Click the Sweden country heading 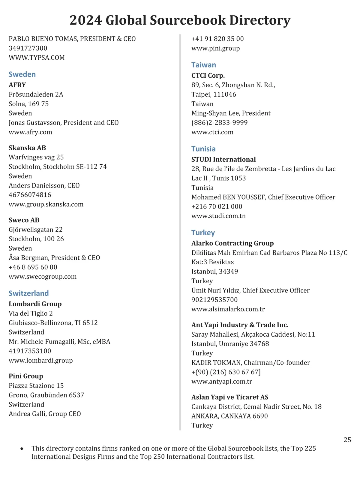click(22, 74)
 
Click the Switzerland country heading click(28, 293)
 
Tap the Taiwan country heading click(204, 65)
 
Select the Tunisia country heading click(203, 149)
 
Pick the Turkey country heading click(203, 233)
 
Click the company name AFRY click(17, 85)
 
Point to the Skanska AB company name click(27, 148)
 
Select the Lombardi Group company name click(35, 304)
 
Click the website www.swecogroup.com click(43, 277)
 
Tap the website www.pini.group click(216, 48)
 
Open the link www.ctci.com click(212, 132)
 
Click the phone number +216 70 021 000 click(217, 206)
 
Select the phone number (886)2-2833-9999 click(220, 122)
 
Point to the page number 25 click(347, 440)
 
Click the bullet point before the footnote click(22, 449)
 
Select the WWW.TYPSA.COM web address click(37, 58)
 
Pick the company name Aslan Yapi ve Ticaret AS click(230, 397)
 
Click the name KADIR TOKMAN click(216, 362)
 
